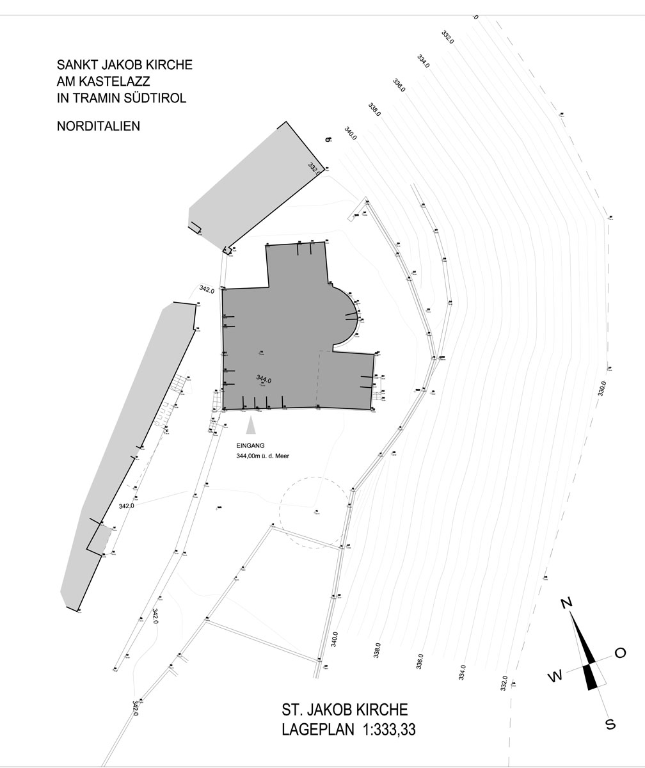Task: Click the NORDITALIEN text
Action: (x=99, y=126)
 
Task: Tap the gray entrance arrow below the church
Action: (x=251, y=425)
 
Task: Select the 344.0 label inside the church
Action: (x=264, y=379)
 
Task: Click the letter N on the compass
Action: (x=566, y=603)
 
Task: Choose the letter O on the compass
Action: (x=620, y=653)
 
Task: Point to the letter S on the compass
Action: (x=610, y=724)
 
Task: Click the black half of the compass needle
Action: (x=592, y=677)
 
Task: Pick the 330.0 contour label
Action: (x=601, y=388)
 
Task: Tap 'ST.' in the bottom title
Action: (x=292, y=710)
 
